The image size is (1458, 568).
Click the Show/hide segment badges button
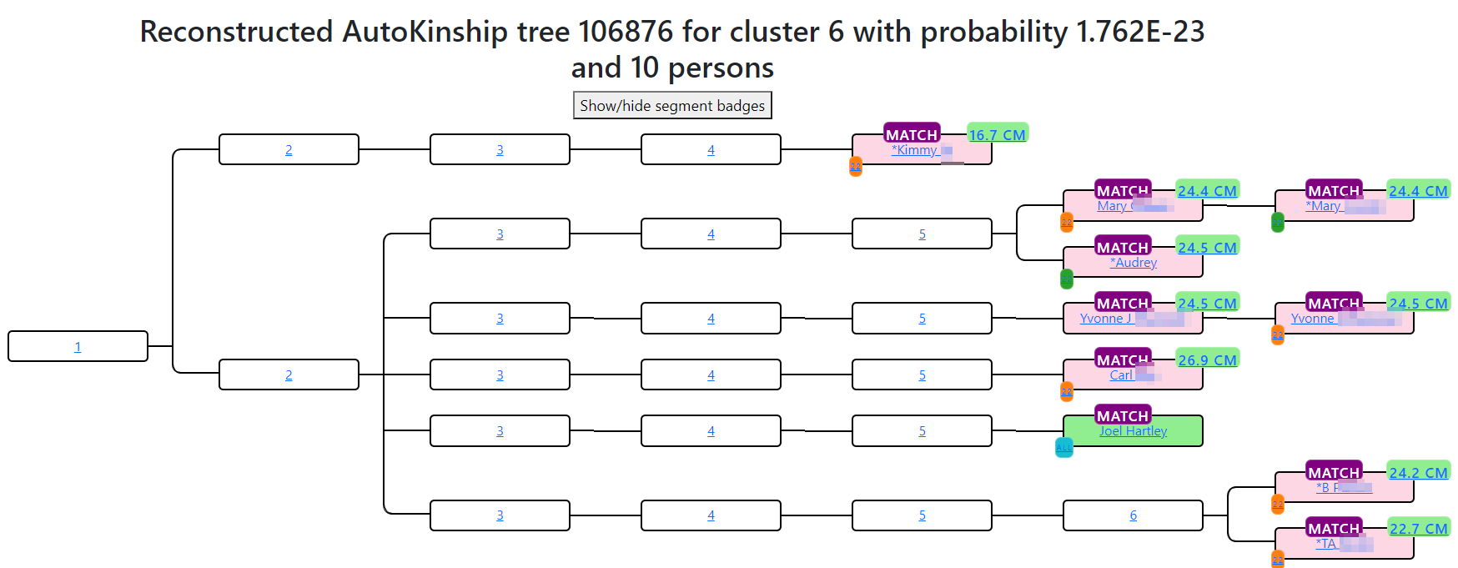pyautogui.click(x=672, y=106)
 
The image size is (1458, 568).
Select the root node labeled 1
pyautogui.click(x=78, y=347)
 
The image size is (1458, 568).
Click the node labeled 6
pyautogui.click(x=1133, y=515)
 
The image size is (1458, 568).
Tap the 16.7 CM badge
pyautogui.click(x=997, y=134)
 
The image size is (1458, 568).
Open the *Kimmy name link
pyautogui.click(x=914, y=150)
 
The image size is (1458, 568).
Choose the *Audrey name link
pyautogui.click(x=1133, y=263)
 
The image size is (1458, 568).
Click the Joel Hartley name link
pyautogui.click(x=1133, y=431)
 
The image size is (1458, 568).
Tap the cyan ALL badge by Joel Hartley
pyautogui.click(x=1064, y=448)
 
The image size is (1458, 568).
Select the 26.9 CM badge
pyautogui.click(x=1207, y=359)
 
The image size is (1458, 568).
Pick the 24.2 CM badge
pyautogui.click(x=1418, y=472)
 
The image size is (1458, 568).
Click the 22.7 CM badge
pyautogui.click(x=1418, y=528)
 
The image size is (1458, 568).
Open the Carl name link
pyautogui.click(x=1121, y=375)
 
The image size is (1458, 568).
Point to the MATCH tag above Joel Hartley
pyautogui.click(x=1123, y=415)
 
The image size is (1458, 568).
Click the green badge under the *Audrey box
pyautogui.click(x=1067, y=279)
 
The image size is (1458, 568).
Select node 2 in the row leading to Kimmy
pyautogui.click(x=289, y=150)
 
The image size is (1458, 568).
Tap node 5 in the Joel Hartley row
pyautogui.click(x=922, y=431)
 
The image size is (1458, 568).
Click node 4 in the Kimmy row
pyautogui.click(x=711, y=150)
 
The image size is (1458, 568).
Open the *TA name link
pyautogui.click(x=1326, y=544)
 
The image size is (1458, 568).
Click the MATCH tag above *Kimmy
pyautogui.click(x=912, y=134)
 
